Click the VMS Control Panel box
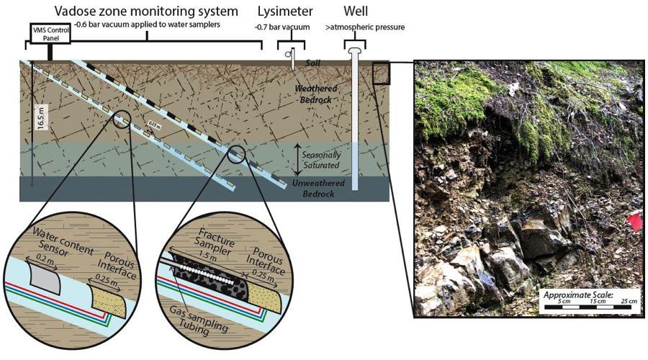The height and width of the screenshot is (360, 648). (x=50, y=33)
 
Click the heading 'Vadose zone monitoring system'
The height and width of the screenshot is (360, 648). (x=146, y=11)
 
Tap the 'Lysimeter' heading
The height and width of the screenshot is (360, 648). (x=285, y=11)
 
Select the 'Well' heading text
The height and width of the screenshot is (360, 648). (x=356, y=10)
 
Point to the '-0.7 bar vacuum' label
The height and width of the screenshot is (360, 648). (x=282, y=27)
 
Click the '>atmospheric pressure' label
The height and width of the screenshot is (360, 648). (x=365, y=27)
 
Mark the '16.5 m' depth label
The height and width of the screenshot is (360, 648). (x=41, y=117)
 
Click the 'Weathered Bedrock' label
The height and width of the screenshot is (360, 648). (x=316, y=94)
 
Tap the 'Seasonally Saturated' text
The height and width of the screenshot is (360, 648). (x=321, y=160)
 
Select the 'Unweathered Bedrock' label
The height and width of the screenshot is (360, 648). (x=318, y=188)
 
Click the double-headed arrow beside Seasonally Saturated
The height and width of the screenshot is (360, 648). (x=297, y=160)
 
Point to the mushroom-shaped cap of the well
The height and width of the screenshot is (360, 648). (x=355, y=51)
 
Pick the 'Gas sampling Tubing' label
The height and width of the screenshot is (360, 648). (x=199, y=319)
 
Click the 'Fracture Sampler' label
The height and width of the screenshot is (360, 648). (x=215, y=242)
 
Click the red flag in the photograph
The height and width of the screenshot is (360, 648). (x=635, y=222)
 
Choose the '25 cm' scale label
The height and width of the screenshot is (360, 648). (x=629, y=301)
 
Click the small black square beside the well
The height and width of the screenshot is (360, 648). (x=381, y=73)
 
